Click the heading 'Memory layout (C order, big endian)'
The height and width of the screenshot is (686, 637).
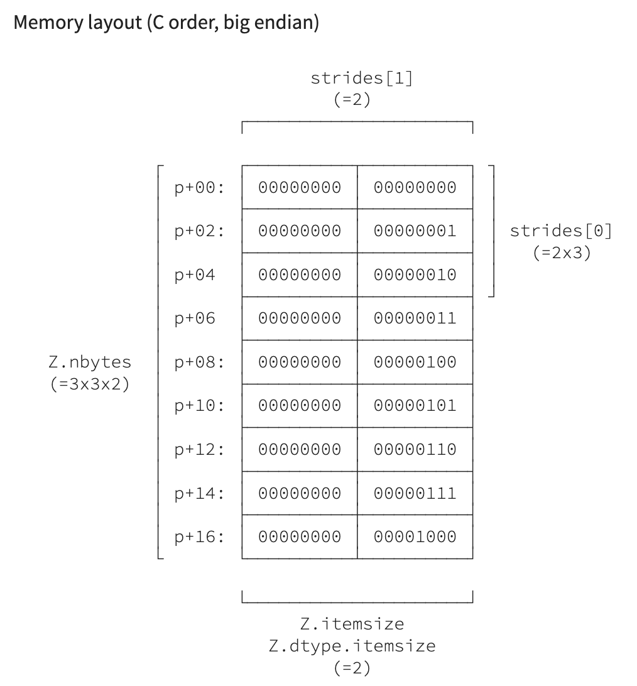pos(166,23)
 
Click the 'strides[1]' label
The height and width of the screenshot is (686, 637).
pos(361,79)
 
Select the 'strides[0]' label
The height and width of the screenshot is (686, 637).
pos(560,231)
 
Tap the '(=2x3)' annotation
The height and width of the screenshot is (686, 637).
pos(560,253)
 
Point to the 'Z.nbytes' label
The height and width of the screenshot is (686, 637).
pos(90,362)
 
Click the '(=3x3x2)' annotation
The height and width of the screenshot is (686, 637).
pos(90,384)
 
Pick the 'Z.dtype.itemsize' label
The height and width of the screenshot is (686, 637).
pos(352,646)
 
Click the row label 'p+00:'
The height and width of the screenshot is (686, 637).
pos(199,187)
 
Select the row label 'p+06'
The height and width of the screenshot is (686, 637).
pos(195,318)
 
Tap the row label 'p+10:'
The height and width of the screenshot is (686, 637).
pos(199,406)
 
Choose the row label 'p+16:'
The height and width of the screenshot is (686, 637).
pos(199,537)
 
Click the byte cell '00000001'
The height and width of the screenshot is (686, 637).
pos(415,231)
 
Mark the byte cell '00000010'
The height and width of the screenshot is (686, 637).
pos(415,275)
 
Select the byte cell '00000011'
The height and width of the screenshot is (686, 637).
pos(415,318)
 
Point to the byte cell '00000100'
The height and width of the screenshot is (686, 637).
pos(415,362)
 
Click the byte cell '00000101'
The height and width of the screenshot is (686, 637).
pos(415,406)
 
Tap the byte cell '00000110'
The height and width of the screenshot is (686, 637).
pos(415,450)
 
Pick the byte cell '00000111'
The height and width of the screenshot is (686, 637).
pos(415,493)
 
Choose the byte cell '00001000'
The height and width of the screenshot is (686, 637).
pos(415,537)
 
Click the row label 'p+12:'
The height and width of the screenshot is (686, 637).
pos(199,450)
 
